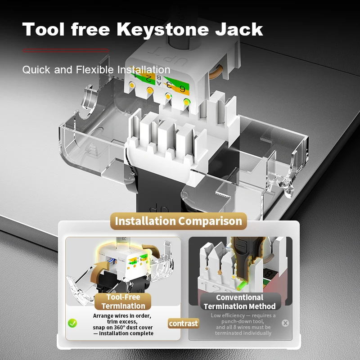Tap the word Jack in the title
tap(239, 30)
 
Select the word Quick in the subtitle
tap(36, 70)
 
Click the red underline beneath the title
tap(66, 50)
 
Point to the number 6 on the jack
tap(183, 88)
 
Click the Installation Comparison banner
tap(178, 221)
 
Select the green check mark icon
tap(72, 323)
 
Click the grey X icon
tap(285, 323)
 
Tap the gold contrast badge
tap(183, 323)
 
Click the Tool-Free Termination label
tap(123, 301)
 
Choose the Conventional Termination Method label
tap(239, 302)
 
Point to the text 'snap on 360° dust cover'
tap(123, 327)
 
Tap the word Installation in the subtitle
tap(144, 70)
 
